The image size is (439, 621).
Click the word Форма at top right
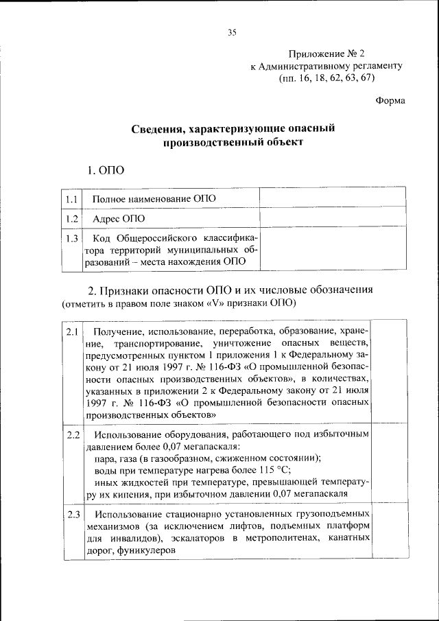(x=390, y=100)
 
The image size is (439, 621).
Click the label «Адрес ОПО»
(x=120, y=219)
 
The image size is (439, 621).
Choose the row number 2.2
(x=73, y=435)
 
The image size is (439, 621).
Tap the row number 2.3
(x=73, y=514)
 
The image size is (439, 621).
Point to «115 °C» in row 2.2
(x=274, y=470)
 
